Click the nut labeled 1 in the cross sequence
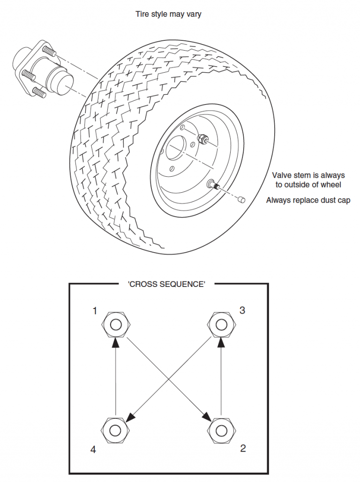(115, 324)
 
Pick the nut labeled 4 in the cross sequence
(115, 429)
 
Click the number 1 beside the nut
(95, 311)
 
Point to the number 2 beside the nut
(243, 448)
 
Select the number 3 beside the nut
(242, 311)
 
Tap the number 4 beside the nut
(93, 450)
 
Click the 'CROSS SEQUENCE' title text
(166, 284)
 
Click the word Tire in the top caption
(142, 15)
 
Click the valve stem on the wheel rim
(213, 185)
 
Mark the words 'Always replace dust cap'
(308, 200)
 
